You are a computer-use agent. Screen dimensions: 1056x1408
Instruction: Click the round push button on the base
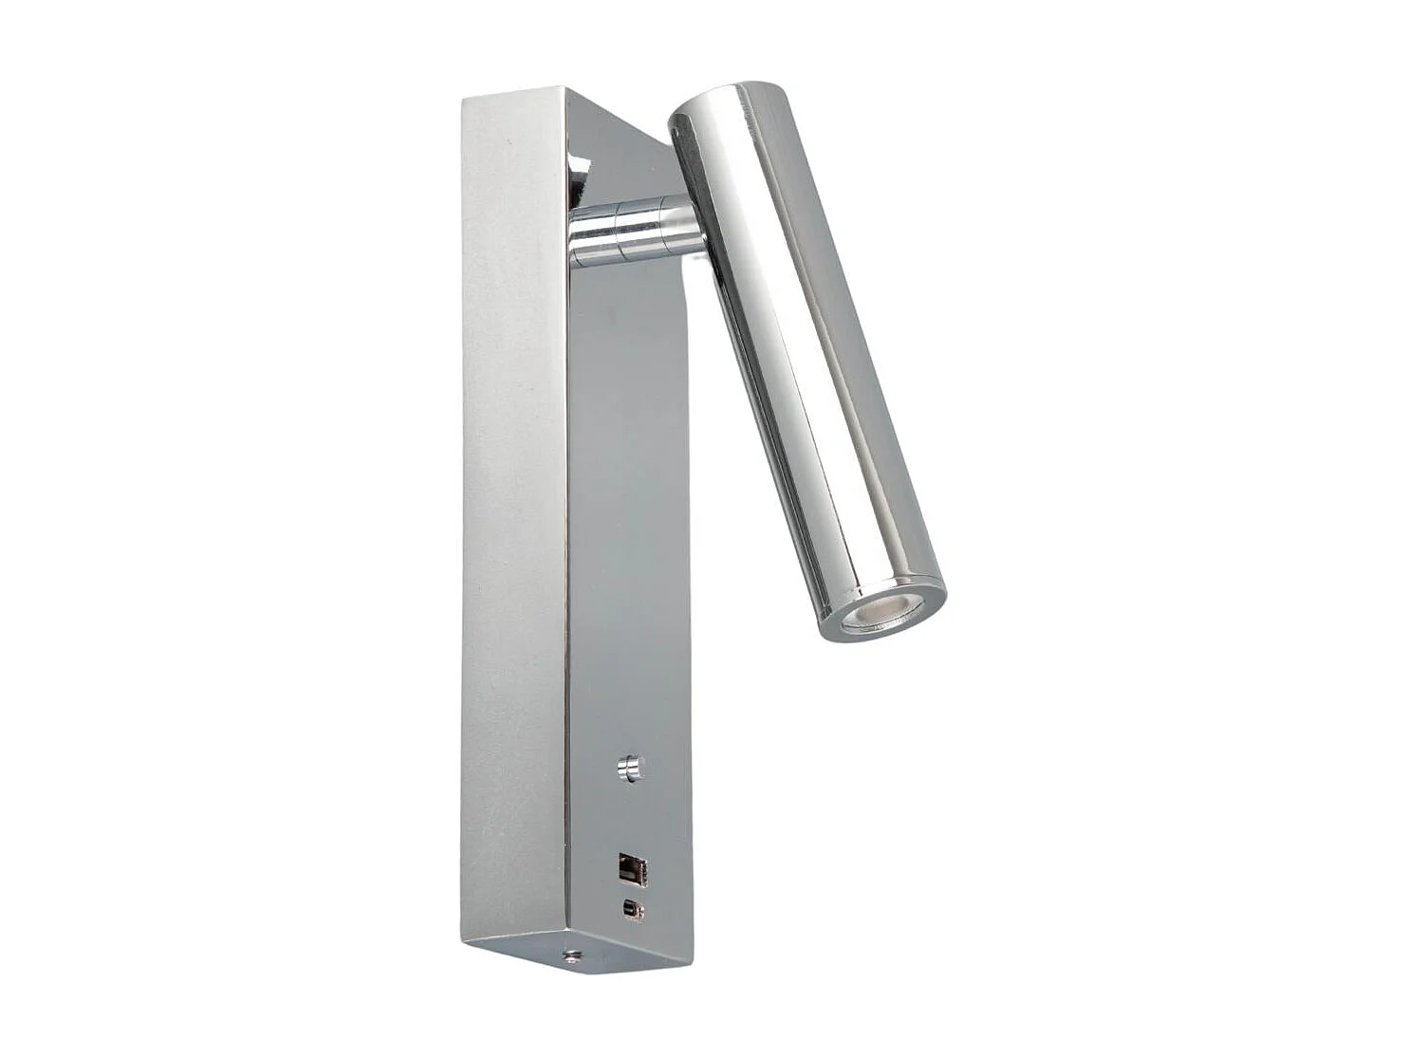coord(629,767)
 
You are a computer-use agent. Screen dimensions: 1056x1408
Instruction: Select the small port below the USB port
coord(631,910)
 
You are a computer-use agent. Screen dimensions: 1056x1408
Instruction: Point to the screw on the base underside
coord(572,956)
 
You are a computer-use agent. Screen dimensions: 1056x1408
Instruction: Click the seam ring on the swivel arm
coord(615,232)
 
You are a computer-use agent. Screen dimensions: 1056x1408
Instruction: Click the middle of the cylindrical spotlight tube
coord(806,361)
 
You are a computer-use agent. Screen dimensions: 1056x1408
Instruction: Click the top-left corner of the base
coord(464,99)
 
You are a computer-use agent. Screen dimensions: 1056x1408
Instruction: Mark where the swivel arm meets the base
coord(573,233)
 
